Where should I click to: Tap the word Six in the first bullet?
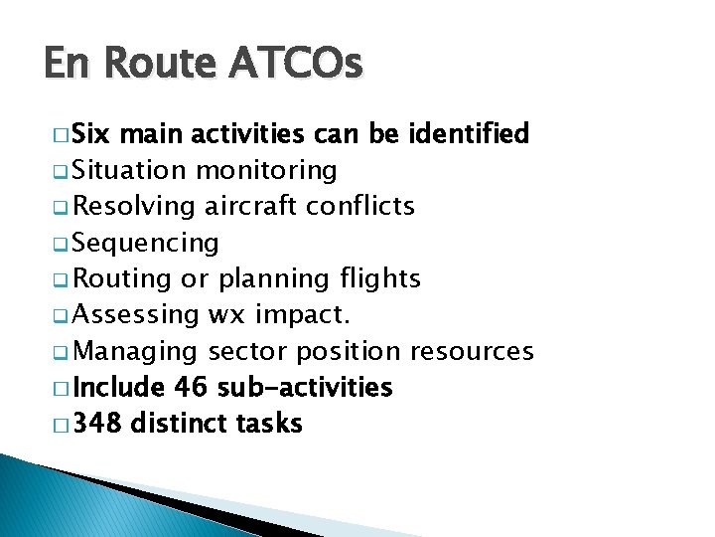point(92,133)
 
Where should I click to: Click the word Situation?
point(130,170)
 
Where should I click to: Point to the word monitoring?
point(266,170)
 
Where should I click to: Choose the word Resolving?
point(135,206)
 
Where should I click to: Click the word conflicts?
point(360,206)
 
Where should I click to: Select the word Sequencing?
point(146,243)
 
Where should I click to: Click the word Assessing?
point(136,315)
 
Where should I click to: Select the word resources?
point(472,351)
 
